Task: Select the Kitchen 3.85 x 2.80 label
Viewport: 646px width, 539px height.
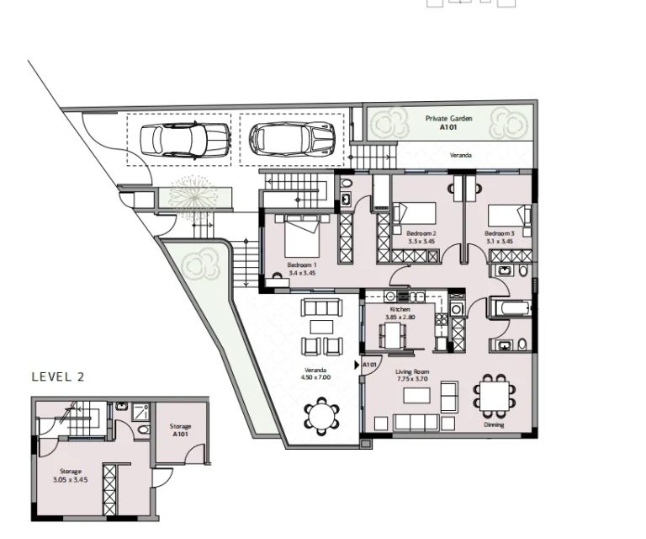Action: (x=400, y=314)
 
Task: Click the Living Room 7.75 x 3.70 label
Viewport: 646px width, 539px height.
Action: (x=412, y=376)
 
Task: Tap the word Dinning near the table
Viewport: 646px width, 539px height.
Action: (x=494, y=424)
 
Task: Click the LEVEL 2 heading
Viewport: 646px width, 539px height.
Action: (x=58, y=377)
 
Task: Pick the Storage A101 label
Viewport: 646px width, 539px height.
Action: (x=180, y=430)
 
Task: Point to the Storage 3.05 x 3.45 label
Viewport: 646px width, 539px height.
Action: (x=70, y=476)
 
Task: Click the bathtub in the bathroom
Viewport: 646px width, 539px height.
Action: (x=507, y=308)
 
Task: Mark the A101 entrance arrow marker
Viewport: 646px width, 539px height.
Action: (x=368, y=365)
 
